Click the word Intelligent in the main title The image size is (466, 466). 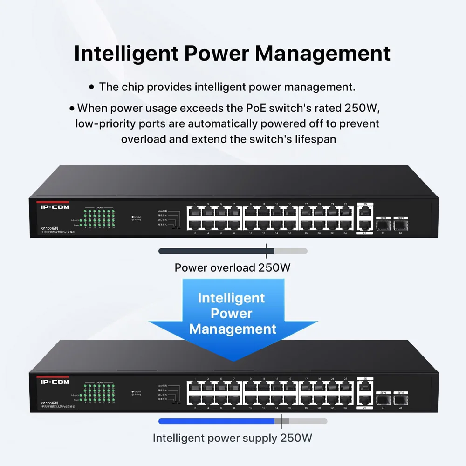pos(126,54)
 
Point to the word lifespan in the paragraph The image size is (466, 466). pos(312,139)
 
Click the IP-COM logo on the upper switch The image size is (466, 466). pos(55,207)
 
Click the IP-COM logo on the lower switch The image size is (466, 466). pos(55,382)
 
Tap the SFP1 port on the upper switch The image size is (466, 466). pos(383,225)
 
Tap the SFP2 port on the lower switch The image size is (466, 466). pos(399,400)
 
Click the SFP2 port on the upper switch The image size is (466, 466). pos(399,225)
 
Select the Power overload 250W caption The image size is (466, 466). pos(233,267)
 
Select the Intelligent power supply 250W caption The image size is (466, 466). pos(233,438)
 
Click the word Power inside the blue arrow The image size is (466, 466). pos(232,314)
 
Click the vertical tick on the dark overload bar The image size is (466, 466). pos(267,251)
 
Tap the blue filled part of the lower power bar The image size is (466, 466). pos(217,421)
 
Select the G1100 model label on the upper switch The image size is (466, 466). pos(49,228)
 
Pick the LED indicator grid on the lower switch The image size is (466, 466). pos(99,392)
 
